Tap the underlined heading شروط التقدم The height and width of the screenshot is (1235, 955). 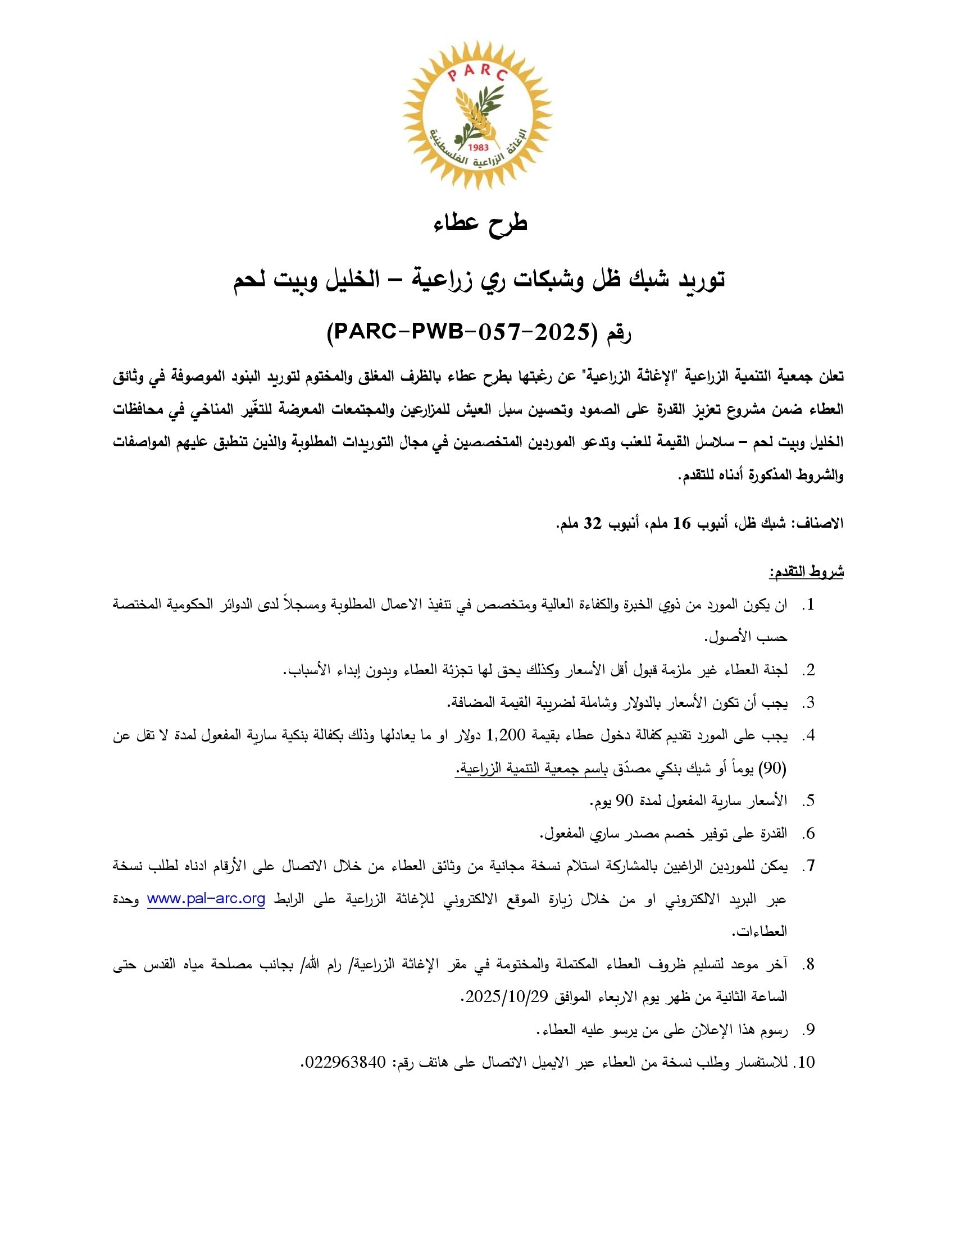[x=806, y=571]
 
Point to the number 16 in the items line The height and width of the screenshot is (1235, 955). [x=681, y=523]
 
